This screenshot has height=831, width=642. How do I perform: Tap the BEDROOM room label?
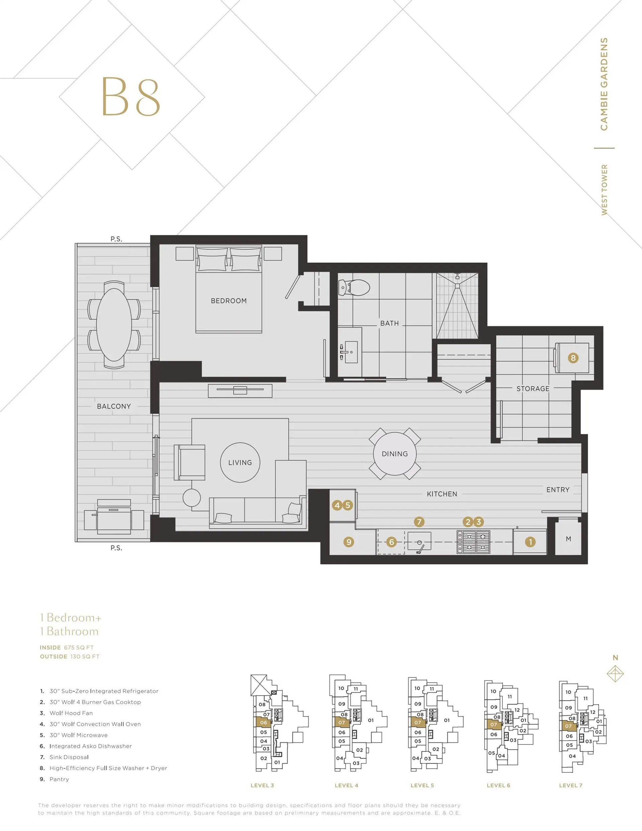[229, 301]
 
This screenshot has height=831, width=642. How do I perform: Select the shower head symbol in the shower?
[457, 276]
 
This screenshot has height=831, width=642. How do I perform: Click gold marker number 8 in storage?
[573, 358]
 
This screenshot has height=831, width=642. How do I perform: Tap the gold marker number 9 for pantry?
[349, 542]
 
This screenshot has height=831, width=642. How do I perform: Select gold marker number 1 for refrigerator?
[530, 542]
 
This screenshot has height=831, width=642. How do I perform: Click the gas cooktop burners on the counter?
[473, 542]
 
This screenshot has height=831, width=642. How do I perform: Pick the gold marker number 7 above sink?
[419, 522]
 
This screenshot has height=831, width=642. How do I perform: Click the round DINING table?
[395, 453]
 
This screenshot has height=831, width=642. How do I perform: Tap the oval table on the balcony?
[114, 325]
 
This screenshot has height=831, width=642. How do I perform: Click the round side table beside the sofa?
[191, 497]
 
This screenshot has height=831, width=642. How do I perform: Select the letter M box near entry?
[568, 539]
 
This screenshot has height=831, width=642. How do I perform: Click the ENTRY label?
[558, 490]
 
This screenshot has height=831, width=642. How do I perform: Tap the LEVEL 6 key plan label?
[498, 785]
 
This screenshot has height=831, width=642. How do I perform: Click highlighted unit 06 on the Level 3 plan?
[263, 723]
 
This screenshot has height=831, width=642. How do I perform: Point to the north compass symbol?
[615, 673]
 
